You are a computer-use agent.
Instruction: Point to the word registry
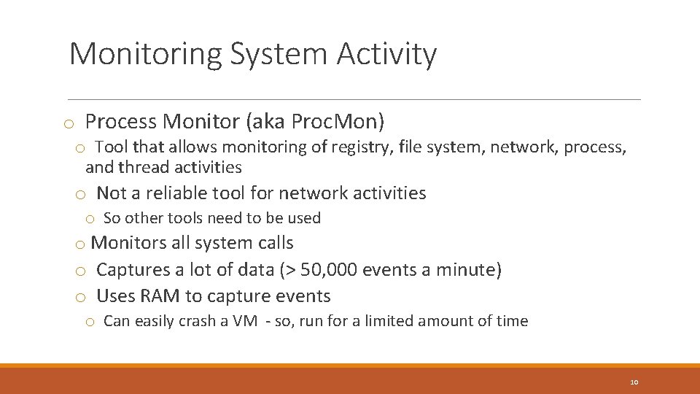tap(361, 147)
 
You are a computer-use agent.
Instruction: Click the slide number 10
tap(633, 382)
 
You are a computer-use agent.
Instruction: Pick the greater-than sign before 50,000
tap(290, 271)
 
